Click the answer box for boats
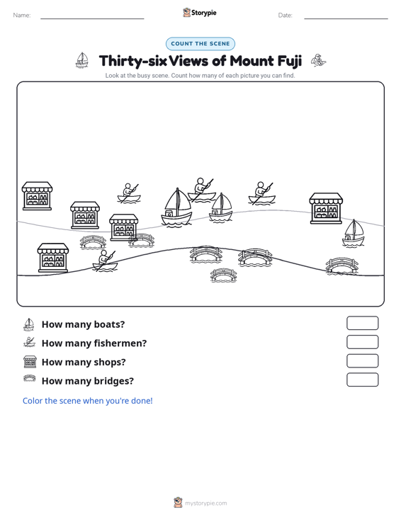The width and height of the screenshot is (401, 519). tap(362, 323)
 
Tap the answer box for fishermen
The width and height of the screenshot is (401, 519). tap(362, 342)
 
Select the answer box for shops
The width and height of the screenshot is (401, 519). tap(362, 361)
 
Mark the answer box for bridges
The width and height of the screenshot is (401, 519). tap(362, 380)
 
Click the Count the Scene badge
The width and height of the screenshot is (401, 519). tap(200, 44)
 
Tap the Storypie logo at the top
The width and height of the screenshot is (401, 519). tap(200, 13)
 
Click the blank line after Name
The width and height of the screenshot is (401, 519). tap(92, 18)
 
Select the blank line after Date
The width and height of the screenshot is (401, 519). tap(346, 18)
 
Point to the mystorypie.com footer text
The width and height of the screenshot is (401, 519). tap(205, 503)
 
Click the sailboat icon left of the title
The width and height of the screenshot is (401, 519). tap(81, 60)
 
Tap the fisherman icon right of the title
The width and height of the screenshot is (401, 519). tap(318, 61)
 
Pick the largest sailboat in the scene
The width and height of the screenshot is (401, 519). tap(176, 207)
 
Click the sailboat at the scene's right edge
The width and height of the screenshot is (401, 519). tap(354, 234)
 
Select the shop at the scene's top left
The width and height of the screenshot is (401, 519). tap(37, 195)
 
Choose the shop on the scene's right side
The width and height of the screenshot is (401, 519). tap(326, 209)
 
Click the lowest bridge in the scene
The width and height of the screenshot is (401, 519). tap(223, 275)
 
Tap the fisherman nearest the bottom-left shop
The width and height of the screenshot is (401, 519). tap(106, 261)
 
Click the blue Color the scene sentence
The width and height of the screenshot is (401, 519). tap(87, 401)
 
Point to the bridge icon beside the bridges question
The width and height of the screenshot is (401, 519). tap(30, 378)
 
